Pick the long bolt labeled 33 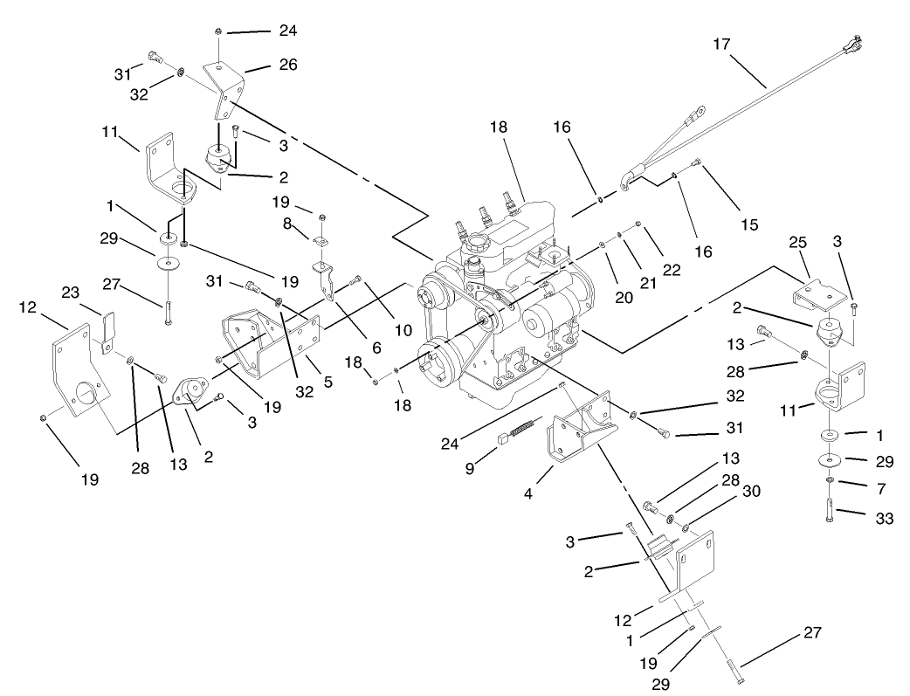point(828,508)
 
